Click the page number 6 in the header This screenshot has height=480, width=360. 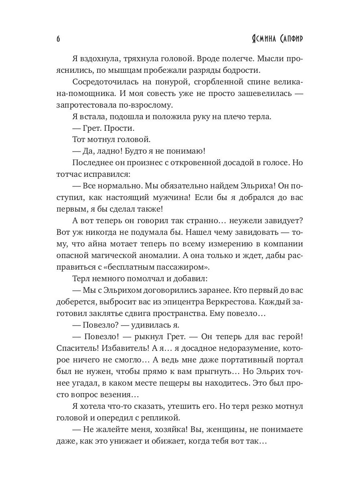58,39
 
